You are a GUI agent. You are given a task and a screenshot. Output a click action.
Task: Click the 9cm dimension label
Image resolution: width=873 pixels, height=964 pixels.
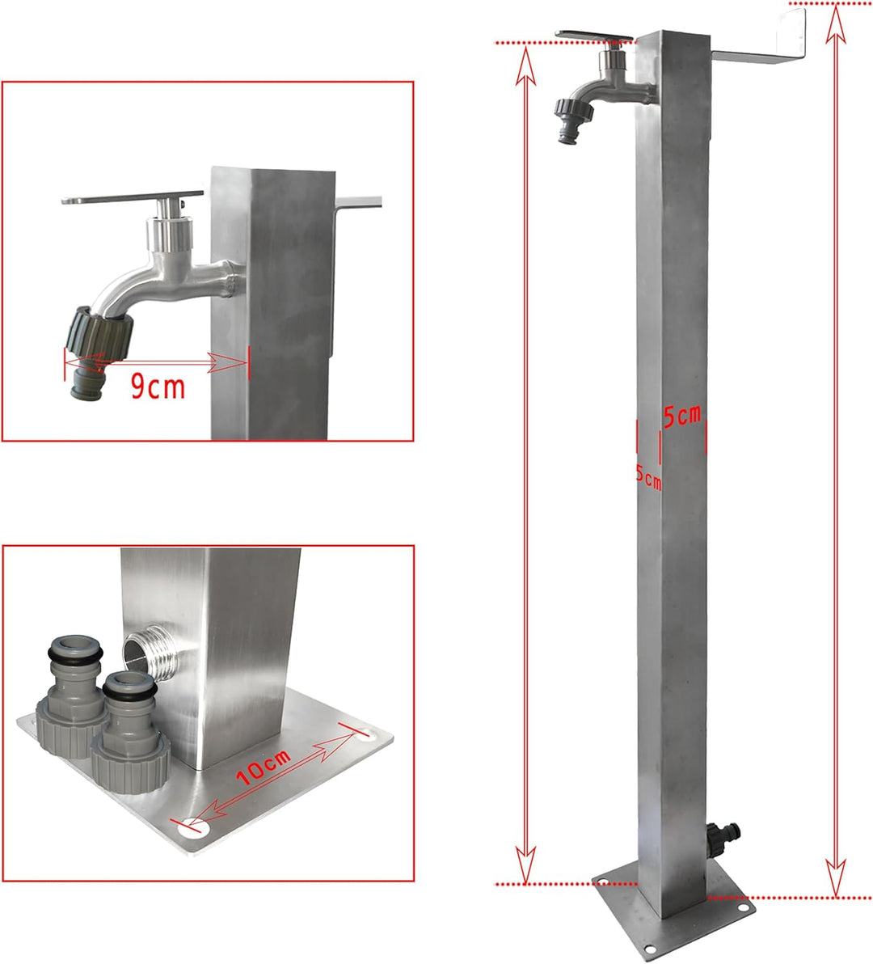pos(158,386)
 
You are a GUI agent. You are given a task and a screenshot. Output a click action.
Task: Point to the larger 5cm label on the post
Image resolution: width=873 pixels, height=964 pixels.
pos(682,416)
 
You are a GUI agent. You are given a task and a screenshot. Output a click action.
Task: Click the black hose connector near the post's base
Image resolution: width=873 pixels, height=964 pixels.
pos(723,838)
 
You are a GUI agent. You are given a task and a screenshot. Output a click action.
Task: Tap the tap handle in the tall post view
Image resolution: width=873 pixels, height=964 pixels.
pos(594,37)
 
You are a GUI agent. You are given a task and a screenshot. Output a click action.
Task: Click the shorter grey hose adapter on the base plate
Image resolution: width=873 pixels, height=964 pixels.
pos(131,731)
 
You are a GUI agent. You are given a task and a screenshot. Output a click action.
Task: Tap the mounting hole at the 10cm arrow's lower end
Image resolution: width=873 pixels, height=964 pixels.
pos(193,828)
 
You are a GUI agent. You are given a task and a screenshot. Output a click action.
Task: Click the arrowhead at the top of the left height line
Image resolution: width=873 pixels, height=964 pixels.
pos(526,66)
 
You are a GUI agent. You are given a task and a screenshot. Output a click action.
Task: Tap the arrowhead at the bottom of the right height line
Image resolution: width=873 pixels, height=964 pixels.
pos(836,878)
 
